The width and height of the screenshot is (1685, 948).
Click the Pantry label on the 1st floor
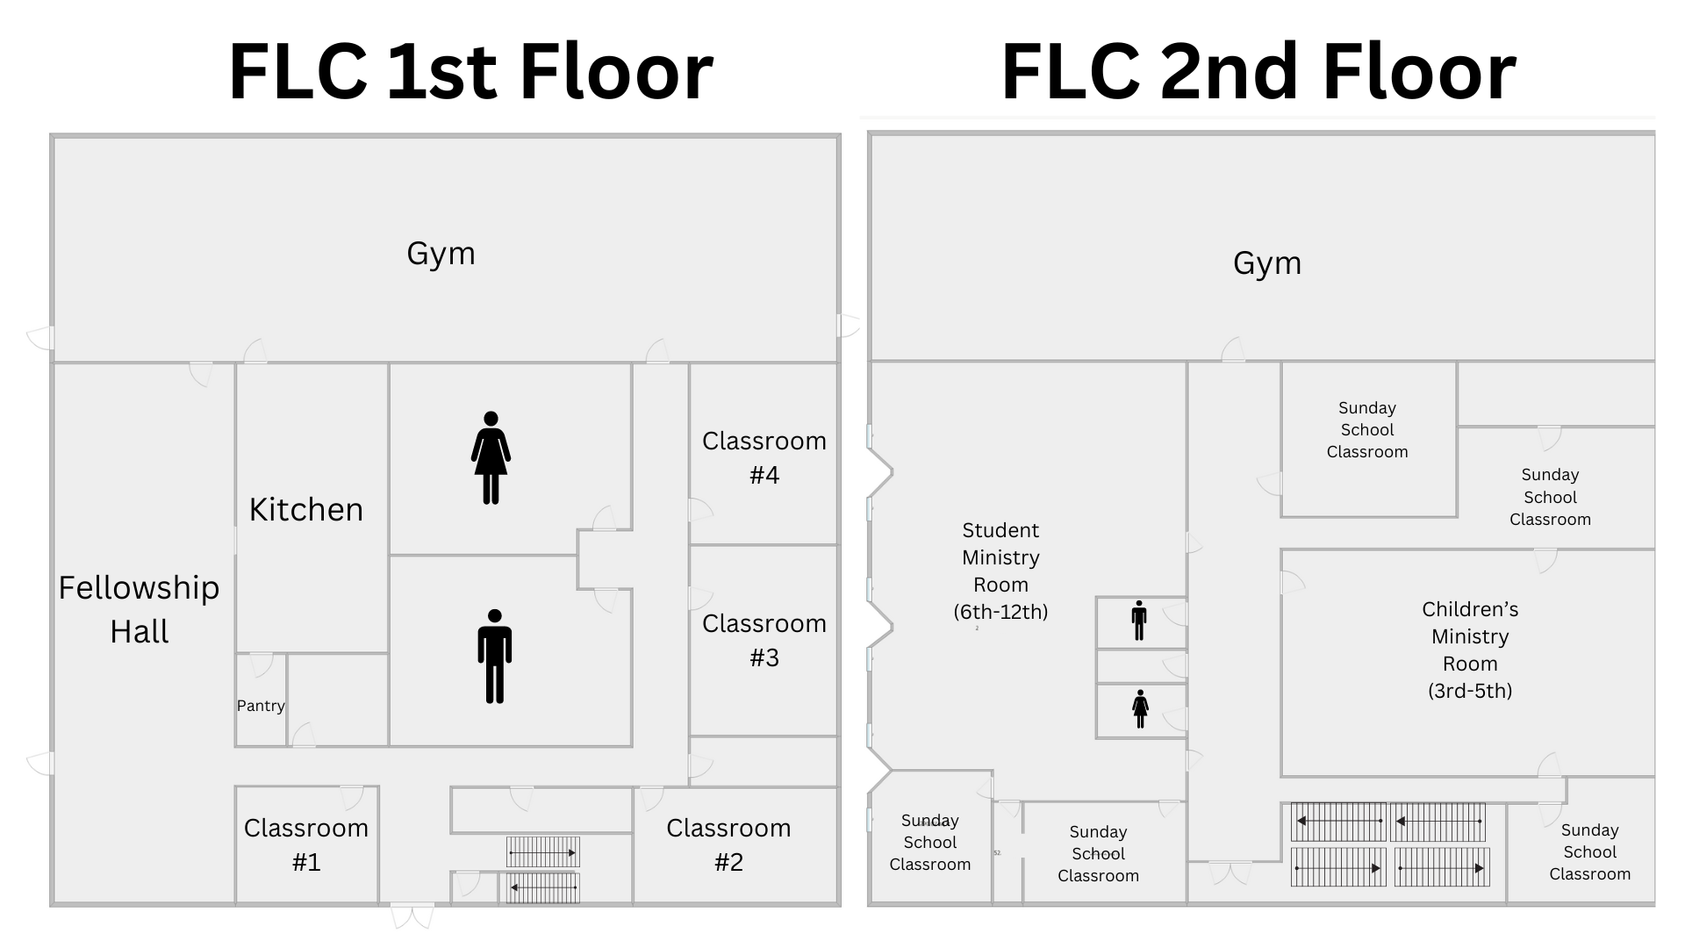261,706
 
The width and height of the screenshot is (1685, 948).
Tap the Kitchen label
305,510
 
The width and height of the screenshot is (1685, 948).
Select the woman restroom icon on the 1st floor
491,457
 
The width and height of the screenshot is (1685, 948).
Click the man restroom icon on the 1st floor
494,656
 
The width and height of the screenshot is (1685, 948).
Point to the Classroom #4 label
764,457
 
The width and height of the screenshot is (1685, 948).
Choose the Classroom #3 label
764,640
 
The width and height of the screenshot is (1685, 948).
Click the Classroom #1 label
305,844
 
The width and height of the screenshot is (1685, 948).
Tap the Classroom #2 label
728,844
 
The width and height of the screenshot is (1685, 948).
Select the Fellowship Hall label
139,609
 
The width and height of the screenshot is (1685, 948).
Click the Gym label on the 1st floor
441,254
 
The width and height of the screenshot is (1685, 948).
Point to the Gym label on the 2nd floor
1266,263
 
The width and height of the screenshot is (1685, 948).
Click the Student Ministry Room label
1000,571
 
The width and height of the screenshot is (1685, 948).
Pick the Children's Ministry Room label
1470,650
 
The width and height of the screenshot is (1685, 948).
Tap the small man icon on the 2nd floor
1139,621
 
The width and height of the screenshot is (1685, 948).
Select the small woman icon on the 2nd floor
1140,708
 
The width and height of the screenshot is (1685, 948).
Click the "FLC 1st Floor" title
470,72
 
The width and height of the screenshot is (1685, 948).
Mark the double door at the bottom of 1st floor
412,916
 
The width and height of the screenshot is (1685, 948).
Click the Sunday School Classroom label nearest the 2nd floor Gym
1366,430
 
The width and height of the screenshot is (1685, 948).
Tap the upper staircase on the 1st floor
542,852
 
